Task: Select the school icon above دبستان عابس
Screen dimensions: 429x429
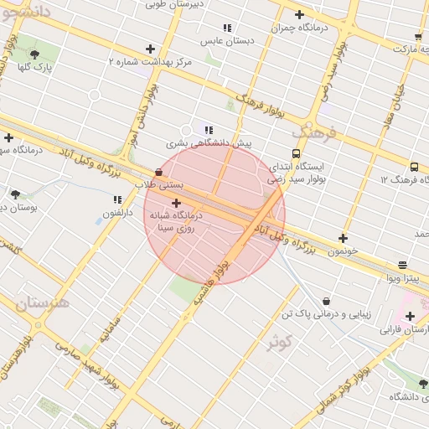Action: (x=226, y=28)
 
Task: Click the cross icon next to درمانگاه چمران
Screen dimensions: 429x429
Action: (x=299, y=14)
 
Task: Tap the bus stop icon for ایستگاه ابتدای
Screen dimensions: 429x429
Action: (x=295, y=153)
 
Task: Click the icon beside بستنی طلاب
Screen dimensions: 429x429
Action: (x=159, y=172)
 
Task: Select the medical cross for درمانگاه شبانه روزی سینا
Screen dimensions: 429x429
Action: (x=175, y=204)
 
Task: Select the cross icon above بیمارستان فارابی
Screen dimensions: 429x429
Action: (x=410, y=316)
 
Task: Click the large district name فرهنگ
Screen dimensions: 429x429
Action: (x=313, y=132)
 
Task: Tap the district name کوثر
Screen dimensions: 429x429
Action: (x=279, y=343)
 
